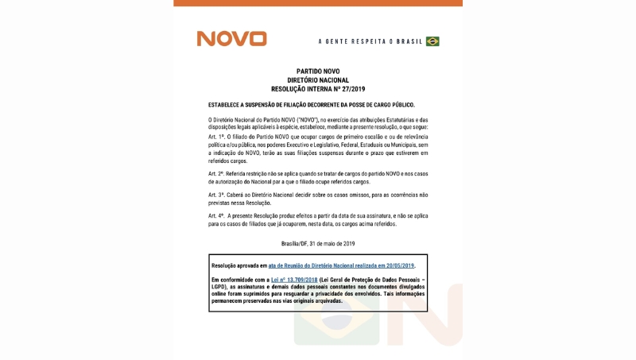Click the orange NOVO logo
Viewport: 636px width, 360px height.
click(231, 39)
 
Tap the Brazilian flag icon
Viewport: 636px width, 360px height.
click(432, 41)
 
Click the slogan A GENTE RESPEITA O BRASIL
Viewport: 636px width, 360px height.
click(370, 41)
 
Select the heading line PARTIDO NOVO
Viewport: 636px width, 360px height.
click(318, 72)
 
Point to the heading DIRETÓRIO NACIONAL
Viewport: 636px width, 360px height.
click(318, 80)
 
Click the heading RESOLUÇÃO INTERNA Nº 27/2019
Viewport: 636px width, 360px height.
click(318, 89)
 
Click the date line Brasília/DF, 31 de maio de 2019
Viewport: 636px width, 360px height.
click(318, 243)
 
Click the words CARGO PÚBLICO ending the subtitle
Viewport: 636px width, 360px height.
click(392, 104)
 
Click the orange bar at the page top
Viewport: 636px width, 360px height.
click(318, 3)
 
